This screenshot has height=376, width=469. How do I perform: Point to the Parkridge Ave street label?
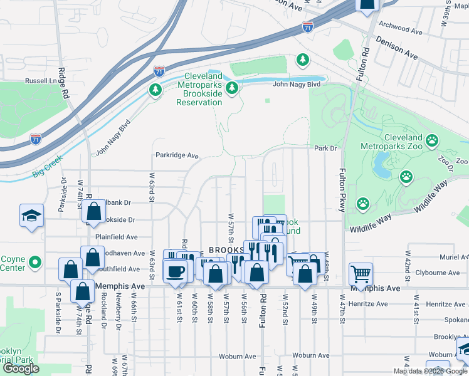point(177,155)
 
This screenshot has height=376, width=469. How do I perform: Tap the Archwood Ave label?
point(401,29)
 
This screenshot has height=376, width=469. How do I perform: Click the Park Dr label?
point(325,149)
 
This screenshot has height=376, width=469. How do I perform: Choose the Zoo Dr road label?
point(446,160)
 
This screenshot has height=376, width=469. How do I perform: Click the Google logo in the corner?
point(21,368)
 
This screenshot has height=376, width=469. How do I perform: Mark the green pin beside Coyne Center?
point(35,262)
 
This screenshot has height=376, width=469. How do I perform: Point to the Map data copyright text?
point(430,371)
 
